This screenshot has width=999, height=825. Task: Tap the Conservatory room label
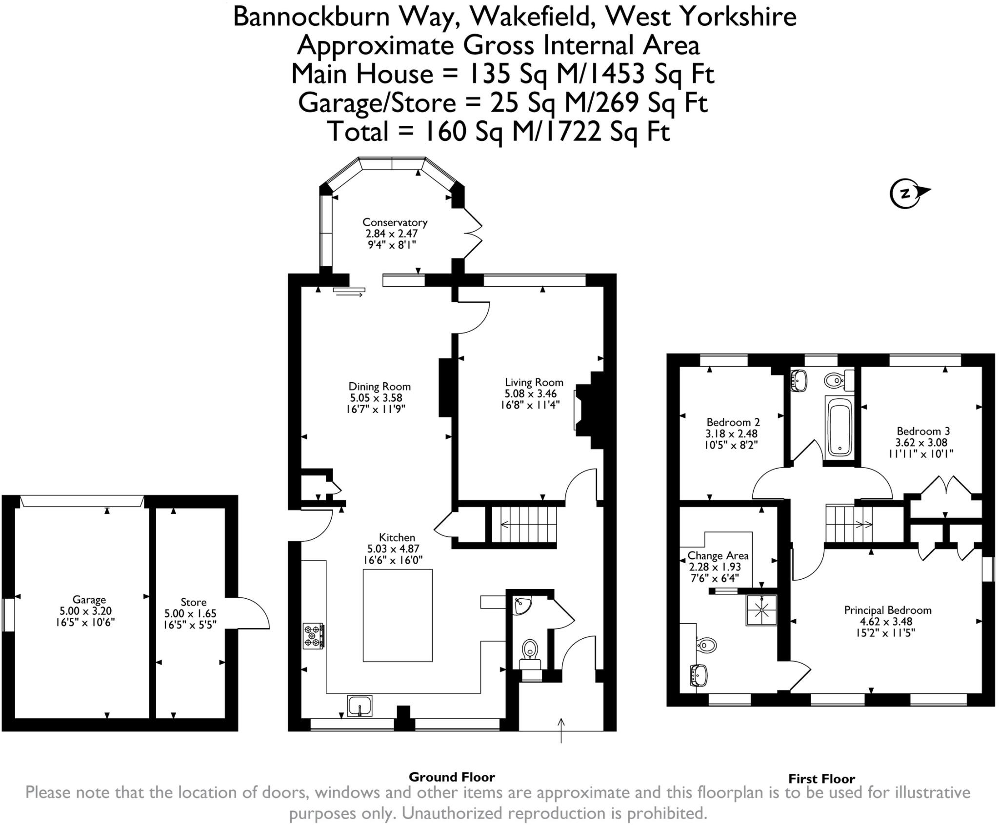395,222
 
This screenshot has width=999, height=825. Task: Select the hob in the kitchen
313,636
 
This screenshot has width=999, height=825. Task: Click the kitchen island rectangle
398,615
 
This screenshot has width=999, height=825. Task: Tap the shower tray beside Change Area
760,610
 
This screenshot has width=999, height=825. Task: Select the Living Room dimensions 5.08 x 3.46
530,393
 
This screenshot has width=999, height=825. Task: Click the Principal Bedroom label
887,610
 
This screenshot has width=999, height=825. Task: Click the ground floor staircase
524,525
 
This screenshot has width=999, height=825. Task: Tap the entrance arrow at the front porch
561,730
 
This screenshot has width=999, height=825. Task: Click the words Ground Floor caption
452,777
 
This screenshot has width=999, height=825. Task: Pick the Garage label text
89,600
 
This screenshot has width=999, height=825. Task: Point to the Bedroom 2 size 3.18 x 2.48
731,433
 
